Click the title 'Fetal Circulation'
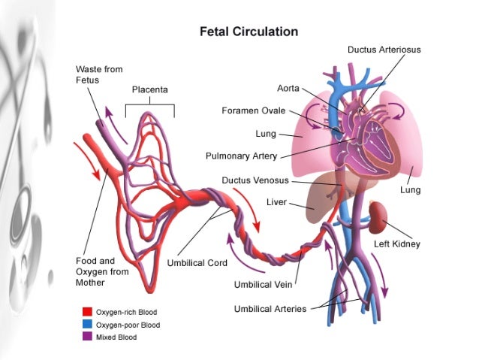pos(248,32)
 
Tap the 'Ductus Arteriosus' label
pos(384,50)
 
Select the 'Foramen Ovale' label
pos(253,111)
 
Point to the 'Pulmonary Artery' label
pos(241,156)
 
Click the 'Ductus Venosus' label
pos(255,181)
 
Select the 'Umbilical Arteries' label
pos(270,309)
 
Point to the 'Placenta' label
pos(149,90)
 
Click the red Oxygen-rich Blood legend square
pos(86,310)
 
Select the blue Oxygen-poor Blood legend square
pos(86,324)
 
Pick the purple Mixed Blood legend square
pos(86,337)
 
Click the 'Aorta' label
pos(289,88)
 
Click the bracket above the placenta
pos(149,105)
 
